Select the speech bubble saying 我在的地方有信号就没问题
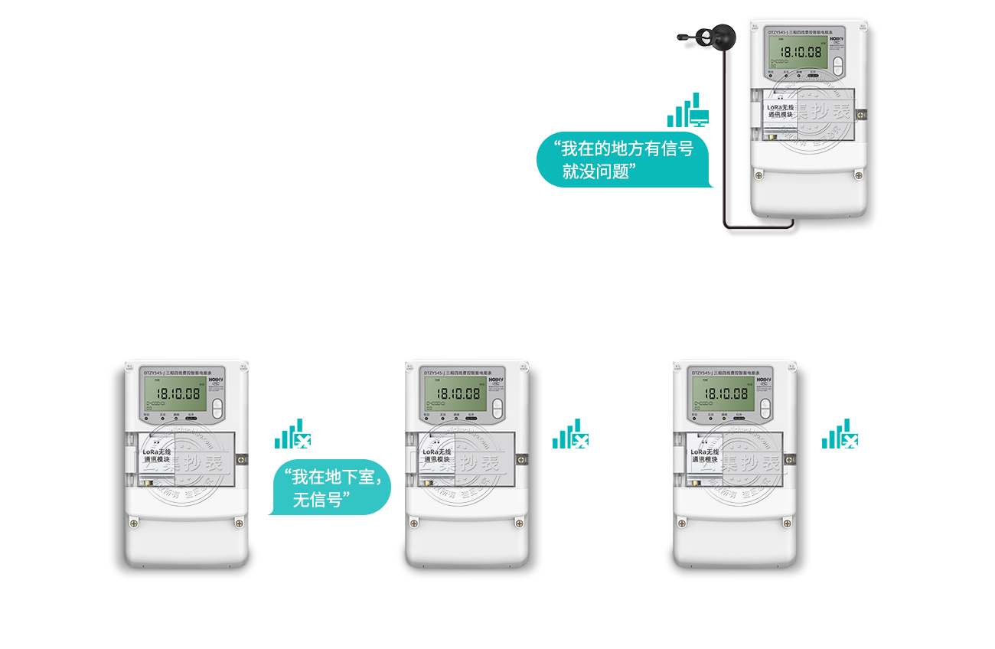click(624, 160)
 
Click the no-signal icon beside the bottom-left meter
click(294, 434)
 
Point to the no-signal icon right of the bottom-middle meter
click(572, 434)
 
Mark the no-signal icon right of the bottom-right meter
click(841, 434)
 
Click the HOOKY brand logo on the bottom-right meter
click(768, 378)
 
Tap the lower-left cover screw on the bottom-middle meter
click(414, 523)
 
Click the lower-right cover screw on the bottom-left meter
click(240, 523)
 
